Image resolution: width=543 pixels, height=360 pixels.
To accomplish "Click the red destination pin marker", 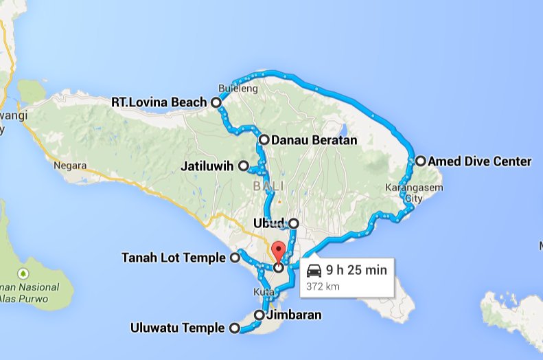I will point(277,251).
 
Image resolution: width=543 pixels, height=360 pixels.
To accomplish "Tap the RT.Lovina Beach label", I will point(159,102).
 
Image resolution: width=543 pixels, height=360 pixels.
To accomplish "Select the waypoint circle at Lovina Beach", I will point(216,102).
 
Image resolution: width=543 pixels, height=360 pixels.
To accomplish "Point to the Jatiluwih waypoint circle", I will point(243,166).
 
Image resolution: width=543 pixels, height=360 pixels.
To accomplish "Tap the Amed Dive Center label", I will point(479,161).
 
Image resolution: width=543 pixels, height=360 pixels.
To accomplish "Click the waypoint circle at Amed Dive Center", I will point(420,161).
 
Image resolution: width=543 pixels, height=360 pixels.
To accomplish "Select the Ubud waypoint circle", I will point(294,223).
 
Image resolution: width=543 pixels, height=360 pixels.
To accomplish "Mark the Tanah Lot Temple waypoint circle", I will point(234,258).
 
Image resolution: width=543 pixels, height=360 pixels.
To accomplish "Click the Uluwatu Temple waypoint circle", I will point(233,328).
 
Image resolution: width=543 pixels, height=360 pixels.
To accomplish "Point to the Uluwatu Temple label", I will point(177,328).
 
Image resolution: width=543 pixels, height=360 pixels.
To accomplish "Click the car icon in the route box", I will point(314,270).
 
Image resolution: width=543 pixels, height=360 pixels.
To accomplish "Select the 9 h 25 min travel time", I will point(356,270).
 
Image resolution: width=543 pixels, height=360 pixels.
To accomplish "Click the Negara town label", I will point(71,166).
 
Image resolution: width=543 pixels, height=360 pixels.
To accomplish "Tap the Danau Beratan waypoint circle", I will point(264,139).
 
